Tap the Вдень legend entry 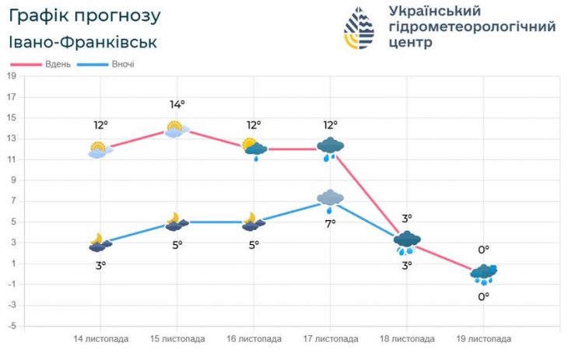58,64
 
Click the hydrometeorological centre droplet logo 359,28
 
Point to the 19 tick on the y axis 12,76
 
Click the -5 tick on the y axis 12,325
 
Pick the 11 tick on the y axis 12,159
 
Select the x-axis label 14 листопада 101,339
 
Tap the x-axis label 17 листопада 331,339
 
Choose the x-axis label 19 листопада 484,339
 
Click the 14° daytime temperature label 177,105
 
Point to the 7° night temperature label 331,224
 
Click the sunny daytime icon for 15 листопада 176,128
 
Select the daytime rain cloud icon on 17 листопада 331,148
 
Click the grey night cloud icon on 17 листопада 331,199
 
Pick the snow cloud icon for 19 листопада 483,274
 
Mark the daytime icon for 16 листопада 254,148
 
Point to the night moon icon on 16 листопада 253,222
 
